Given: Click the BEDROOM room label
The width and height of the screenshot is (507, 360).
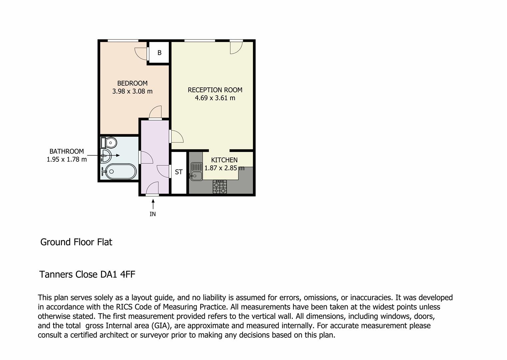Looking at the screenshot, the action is [x=132, y=83].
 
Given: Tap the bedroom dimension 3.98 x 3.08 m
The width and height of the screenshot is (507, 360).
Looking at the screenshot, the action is [x=132, y=91].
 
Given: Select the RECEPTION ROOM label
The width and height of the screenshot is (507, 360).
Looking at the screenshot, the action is [x=215, y=90].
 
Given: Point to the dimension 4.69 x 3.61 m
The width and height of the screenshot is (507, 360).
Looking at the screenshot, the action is [x=215, y=98].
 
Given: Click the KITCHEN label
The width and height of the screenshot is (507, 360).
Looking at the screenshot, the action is [x=224, y=160].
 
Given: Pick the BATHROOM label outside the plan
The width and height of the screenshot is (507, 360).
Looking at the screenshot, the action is [x=67, y=151].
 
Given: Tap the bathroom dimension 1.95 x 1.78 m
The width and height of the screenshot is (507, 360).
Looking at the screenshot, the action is [x=67, y=159].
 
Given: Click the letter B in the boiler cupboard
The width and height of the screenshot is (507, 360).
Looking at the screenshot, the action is [x=160, y=53].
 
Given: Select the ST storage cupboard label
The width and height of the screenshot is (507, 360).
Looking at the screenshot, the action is [x=179, y=172].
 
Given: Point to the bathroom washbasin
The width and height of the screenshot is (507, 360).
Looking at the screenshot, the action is [x=106, y=156].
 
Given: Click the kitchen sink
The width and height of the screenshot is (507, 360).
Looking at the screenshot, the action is [x=197, y=172].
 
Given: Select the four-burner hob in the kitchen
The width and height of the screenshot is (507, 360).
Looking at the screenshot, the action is [x=220, y=187].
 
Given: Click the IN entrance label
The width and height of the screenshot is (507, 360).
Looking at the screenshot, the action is [x=153, y=214].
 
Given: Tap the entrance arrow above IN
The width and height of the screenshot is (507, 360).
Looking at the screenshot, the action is [x=153, y=204].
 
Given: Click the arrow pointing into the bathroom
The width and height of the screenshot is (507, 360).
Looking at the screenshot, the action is [x=104, y=155].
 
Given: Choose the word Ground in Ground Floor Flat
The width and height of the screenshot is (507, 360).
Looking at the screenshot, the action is [x=55, y=242].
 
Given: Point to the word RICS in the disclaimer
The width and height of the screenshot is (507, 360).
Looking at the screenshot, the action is [x=124, y=307].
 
